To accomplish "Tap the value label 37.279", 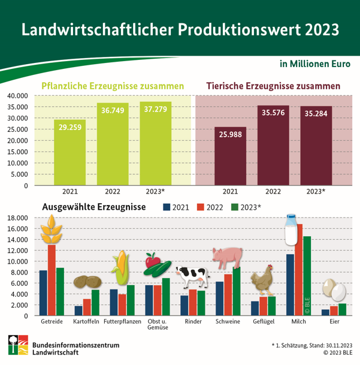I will click(x=155, y=112).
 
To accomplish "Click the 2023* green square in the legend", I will click(x=235, y=207).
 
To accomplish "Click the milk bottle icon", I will click(x=292, y=230).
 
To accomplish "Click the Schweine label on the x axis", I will click(x=228, y=322).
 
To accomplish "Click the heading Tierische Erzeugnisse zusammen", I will click(x=273, y=86).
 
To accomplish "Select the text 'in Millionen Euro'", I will click(x=314, y=63).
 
